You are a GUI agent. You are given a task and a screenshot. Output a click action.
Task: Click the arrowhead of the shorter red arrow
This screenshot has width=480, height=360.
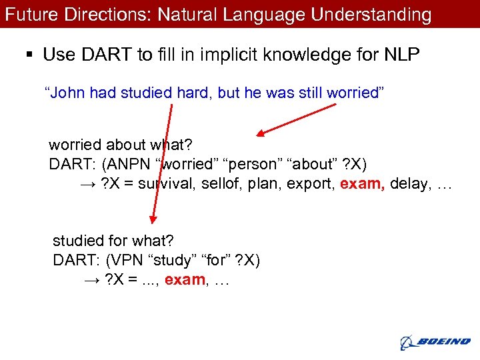click(x=261, y=133)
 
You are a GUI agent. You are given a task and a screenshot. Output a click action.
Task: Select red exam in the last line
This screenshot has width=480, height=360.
click(x=185, y=280)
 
